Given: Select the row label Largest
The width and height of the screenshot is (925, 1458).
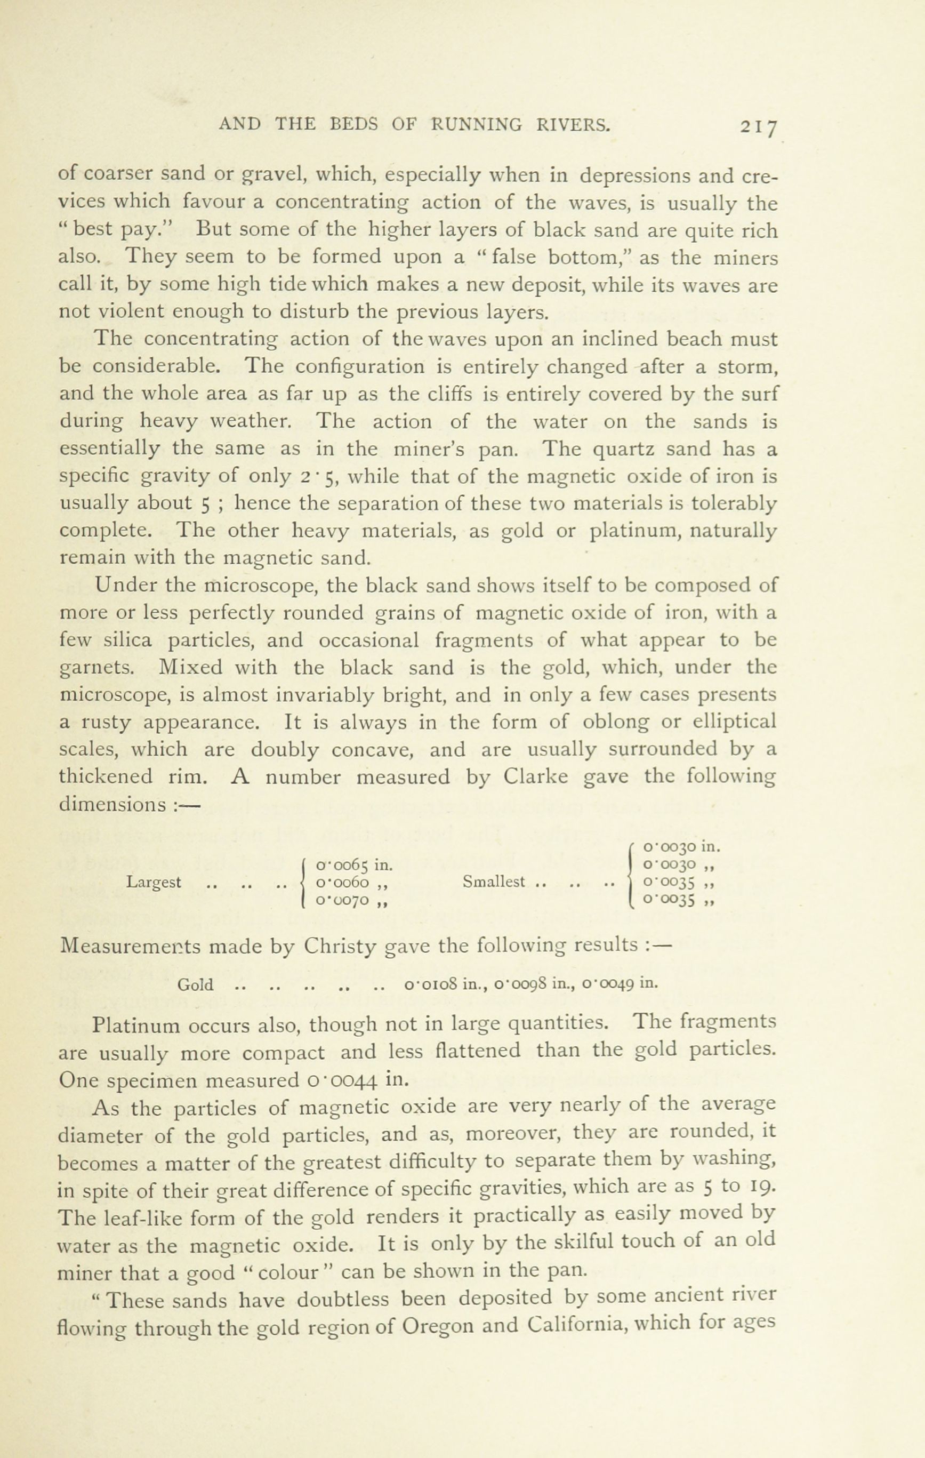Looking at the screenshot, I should (x=154, y=882).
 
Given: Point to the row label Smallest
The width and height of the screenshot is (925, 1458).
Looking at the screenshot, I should (x=493, y=882).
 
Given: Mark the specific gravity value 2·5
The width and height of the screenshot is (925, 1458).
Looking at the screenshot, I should (x=317, y=477).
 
